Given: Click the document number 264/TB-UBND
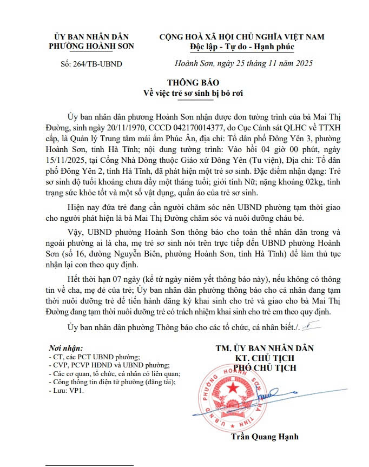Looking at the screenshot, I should [x=91, y=64].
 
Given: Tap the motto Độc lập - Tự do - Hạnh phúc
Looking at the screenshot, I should [x=242, y=47].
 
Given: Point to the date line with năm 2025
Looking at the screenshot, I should [x=244, y=63].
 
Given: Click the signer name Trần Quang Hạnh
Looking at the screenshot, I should [x=265, y=437].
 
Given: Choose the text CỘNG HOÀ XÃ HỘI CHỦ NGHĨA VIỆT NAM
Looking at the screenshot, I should [x=242, y=36].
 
